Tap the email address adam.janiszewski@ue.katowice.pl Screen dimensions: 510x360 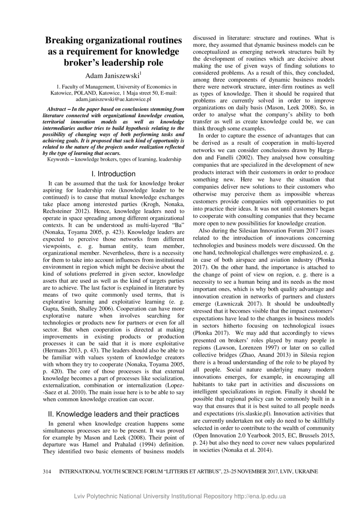[114, 99]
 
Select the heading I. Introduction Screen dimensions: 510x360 [114, 174]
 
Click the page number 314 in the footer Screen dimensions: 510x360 [48, 471]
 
